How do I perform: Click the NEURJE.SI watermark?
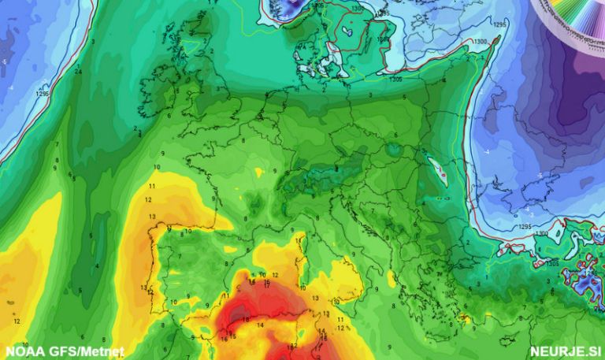click(566, 351)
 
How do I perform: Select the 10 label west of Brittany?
click(157, 168)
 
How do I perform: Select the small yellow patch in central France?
click(259, 172)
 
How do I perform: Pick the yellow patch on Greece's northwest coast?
click(392, 278)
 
